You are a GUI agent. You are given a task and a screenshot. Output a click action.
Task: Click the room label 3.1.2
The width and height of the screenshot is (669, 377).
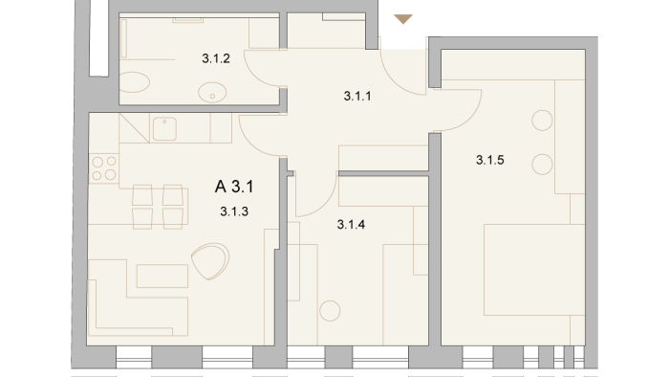216,58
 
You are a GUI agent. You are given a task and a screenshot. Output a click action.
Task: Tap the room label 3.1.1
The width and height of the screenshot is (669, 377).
357,96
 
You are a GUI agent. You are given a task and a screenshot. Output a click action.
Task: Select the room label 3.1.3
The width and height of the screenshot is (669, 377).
234,211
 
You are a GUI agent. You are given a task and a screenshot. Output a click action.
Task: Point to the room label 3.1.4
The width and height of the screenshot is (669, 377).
351,225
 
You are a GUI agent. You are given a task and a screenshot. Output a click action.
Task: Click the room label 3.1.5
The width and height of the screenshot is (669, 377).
489,160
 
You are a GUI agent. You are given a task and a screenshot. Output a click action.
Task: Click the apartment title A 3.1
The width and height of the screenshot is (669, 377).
234,187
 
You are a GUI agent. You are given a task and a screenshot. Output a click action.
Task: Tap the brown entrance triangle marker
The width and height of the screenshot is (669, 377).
403,19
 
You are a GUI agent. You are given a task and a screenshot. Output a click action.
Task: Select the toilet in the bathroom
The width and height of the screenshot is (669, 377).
134,82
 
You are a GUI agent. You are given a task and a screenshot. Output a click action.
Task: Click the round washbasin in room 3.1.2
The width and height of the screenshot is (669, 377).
212,92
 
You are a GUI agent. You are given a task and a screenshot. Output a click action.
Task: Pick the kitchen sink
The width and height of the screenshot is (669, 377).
164,129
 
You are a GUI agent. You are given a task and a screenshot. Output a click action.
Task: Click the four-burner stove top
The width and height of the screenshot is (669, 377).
104,168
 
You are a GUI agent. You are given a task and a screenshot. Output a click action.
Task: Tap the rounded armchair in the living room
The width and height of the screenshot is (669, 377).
210,261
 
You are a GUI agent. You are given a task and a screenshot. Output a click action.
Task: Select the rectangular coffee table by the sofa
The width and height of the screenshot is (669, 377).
162,276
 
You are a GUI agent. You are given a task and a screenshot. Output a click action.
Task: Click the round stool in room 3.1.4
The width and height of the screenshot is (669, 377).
330,311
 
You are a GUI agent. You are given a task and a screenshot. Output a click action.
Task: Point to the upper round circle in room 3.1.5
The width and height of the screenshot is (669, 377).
542,121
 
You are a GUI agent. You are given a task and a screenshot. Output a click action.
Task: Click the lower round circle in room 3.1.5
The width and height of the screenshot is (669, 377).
542,165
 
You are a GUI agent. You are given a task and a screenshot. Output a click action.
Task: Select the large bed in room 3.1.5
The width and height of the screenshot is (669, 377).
534,270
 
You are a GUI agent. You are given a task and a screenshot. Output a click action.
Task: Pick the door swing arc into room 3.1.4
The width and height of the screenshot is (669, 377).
325,204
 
